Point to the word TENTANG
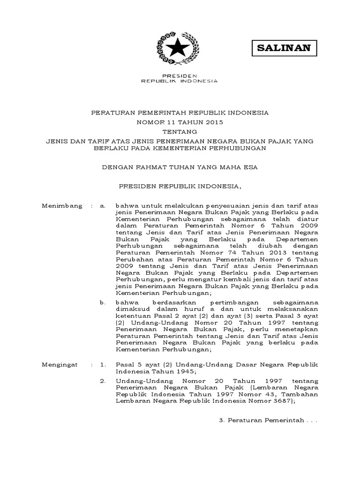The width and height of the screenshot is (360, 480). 180,131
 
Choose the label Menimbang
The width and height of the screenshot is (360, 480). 62,206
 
